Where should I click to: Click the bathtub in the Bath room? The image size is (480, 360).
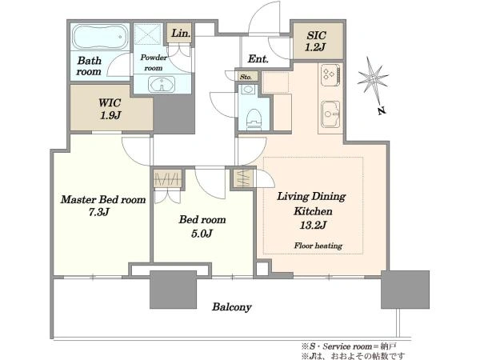tap(99, 37)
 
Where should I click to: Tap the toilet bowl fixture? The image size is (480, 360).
tap(254, 118)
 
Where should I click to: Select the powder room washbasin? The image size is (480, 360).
tap(162, 84)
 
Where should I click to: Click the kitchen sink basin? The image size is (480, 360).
tap(330, 114)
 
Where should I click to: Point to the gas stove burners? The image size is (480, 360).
tap(330, 75)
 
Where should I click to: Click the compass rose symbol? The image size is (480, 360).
tap(373, 78)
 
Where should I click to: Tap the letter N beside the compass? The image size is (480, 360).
tap(381, 110)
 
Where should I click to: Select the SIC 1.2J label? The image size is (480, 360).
tap(316, 42)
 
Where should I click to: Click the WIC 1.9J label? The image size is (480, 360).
tap(110, 109)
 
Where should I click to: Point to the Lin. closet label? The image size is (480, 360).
tap(180, 33)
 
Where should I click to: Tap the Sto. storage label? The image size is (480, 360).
tap(246, 77)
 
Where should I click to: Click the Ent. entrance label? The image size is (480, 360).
tap(258, 58)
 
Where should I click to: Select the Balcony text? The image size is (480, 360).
tap(232, 307)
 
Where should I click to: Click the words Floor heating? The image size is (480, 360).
tap(318, 246)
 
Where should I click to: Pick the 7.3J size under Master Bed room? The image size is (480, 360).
tap(99, 212)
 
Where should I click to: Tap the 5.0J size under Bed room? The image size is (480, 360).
tap(202, 234)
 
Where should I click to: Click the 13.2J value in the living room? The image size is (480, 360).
tap(313, 226)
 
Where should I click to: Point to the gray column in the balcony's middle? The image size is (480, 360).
tap(174, 290)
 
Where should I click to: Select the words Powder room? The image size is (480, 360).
tap(154, 62)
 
